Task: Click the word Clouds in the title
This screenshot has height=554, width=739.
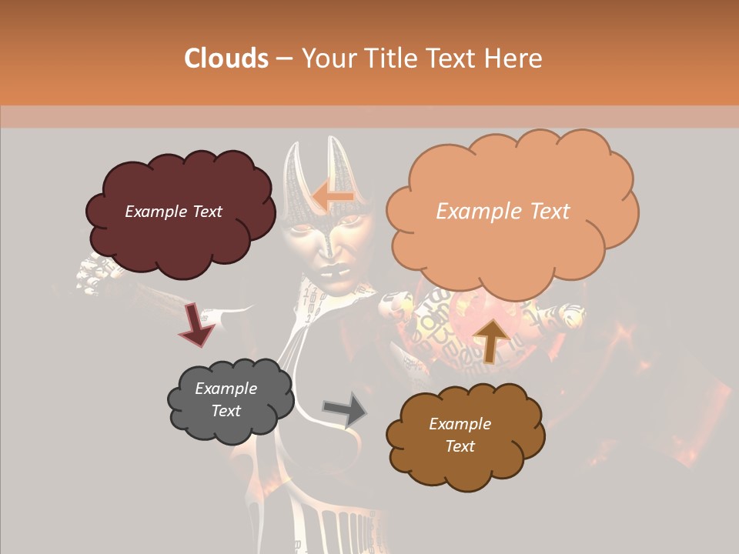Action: coord(226,58)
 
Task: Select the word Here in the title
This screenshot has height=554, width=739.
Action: coord(515,58)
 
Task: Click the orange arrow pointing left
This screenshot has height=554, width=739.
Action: coord(333,196)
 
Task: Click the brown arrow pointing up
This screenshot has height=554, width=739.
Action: coord(491,339)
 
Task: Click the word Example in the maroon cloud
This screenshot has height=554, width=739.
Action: coord(155,212)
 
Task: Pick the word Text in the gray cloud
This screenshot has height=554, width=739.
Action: coord(226,411)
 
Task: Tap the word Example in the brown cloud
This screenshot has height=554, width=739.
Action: coord(460,424)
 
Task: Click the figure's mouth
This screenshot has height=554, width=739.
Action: coord(336,272)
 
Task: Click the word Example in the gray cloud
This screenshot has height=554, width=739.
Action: coord(226,389)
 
